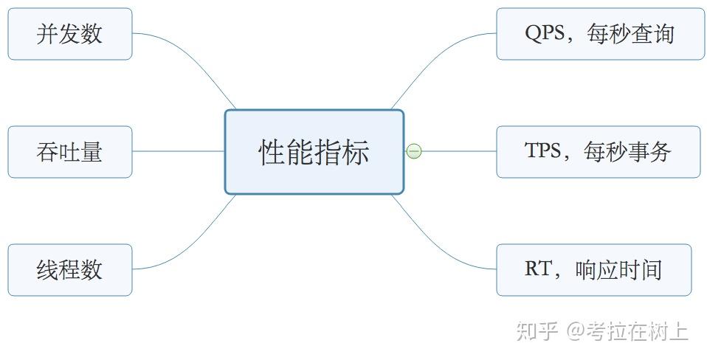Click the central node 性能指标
click(314, 152)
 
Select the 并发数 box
click(70, 34)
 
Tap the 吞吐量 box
click(70, 152)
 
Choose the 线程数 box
click(70, 270)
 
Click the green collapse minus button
click(414, 151)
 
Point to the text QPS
click(545, 33)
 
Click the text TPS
click(543, 150)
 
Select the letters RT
click(538, 269)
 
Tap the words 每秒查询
click(630, 34)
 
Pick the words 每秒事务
click(627, 151)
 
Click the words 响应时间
click(618, 269)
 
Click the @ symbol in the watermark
click(576, 331)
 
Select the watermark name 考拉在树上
click(638, 331)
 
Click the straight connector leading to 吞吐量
click(179, 151)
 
